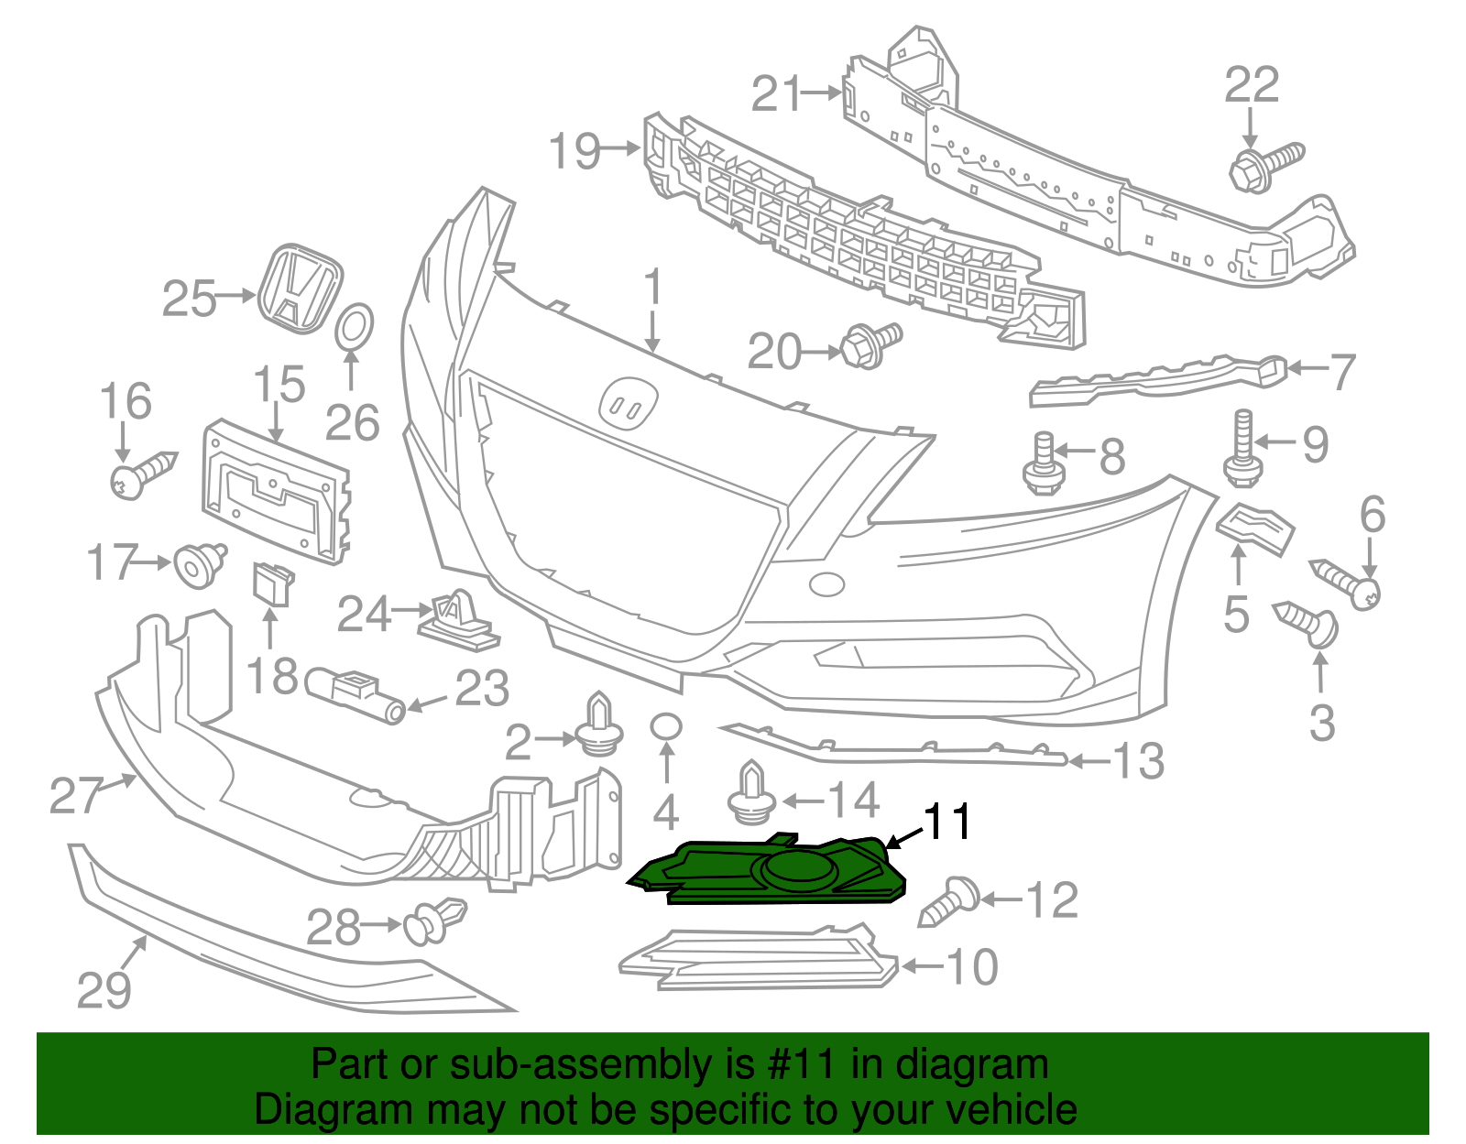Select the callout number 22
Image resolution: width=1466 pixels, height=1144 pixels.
coord(1252,85)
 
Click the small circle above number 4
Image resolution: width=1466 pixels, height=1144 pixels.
coord(666,727)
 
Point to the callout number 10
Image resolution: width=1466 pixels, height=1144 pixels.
coord(971,967)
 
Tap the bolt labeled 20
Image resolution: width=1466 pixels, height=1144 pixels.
coord(870,344)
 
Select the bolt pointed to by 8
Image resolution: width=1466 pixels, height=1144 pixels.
coord(1043,465)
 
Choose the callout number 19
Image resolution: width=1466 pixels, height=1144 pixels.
coord(575,150)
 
